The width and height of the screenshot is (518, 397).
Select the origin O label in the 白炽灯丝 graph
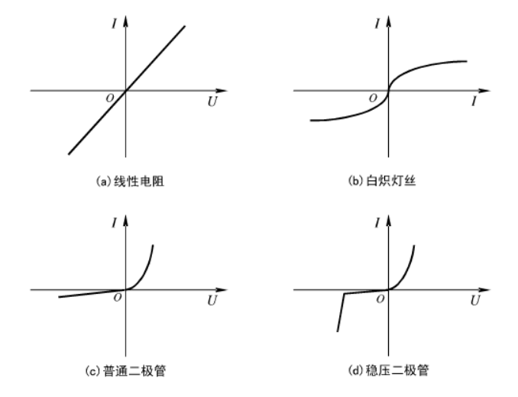point(373,98)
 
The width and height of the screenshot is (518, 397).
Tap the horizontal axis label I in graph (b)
point(474,101)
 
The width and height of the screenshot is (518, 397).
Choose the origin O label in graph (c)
point(117,298)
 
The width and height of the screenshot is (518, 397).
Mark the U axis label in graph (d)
point(474,300)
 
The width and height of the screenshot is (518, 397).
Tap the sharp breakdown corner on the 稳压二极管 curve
point(345,293)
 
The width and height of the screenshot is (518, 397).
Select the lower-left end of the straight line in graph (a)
point(69,154)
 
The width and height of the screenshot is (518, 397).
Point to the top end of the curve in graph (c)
point(153,245)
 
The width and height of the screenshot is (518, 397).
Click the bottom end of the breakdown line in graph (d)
point(337,331)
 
